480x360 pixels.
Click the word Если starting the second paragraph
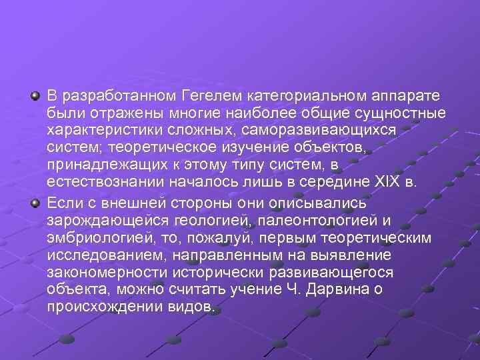(62, 203)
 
